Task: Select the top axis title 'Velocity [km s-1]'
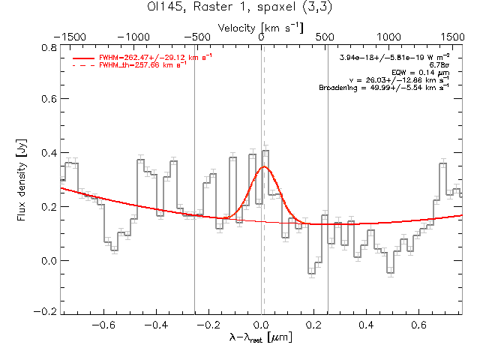pyautogui.click(x=261, y=27)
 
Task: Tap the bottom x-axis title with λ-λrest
pyautogui.click(x=261, y=338)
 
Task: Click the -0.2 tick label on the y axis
pyautogui.click(x=46, y=311)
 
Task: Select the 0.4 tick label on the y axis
pyautogui.click(x=48, y=154)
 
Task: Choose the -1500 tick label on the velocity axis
pyautogui.click(x=73, y=36)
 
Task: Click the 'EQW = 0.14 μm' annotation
pyautogui.click(x=425, y=73)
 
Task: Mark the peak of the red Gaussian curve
pyautogui.click(x=263, y=166)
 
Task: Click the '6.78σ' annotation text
pyautogui.click(x=439, y=65)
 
